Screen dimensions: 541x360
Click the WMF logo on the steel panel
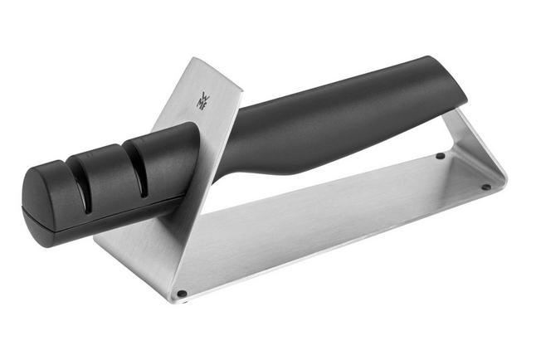[x=202, y=100]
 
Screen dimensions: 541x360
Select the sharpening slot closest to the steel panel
[x=137, y=168]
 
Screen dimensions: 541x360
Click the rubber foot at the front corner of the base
[x=182, y=294]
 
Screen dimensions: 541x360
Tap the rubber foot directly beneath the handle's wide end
[x=441, y=156]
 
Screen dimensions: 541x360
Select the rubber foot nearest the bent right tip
[x=485, y=187]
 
